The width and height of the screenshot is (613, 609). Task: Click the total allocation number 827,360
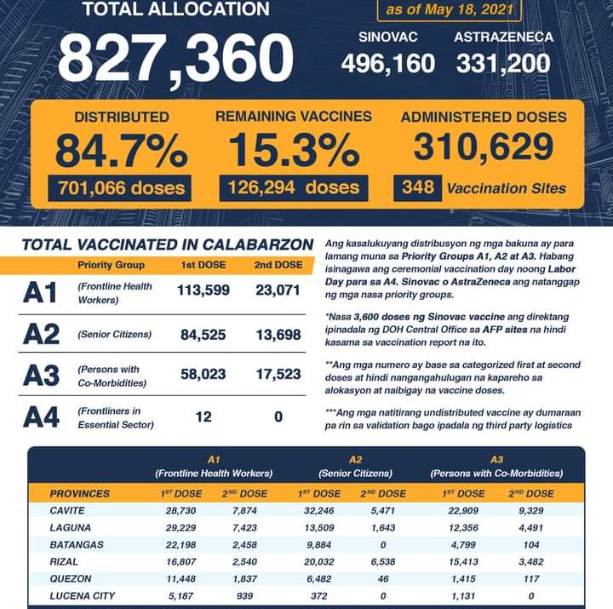click(x=175, y=58)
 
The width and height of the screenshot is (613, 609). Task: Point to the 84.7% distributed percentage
click(x=121, y=152)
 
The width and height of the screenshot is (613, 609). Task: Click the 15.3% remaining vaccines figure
click(x=293, y=152)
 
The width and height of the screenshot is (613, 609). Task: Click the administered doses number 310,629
click(x=483, y=148)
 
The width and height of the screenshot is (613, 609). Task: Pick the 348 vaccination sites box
click(x=417, y=187)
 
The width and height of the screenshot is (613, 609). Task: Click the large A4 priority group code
click(x=41, y=417)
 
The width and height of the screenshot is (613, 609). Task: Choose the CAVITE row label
click(x=69, y=511)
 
